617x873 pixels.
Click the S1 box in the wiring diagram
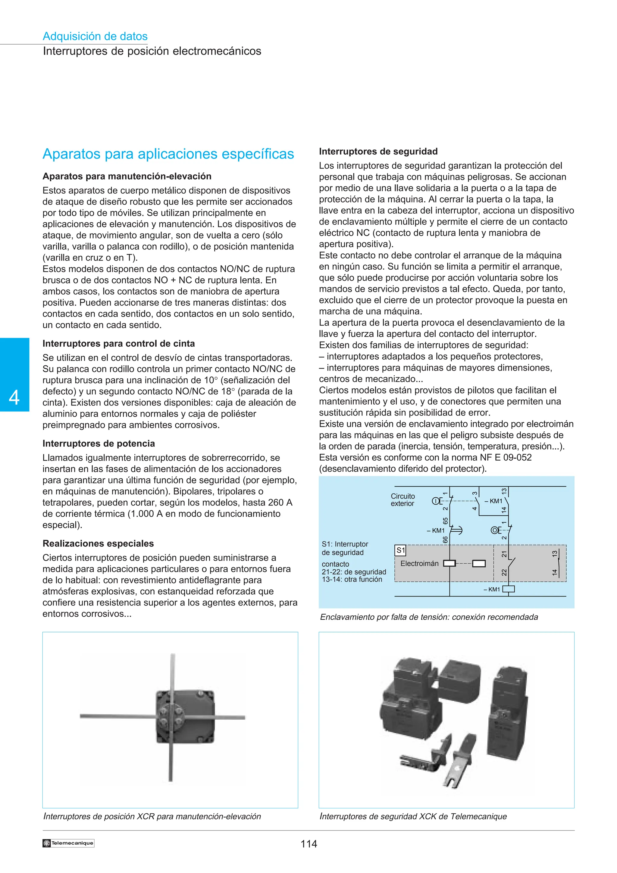(401, 550)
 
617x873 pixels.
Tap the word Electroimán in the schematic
(419, 564)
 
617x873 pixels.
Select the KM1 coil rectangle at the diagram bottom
(508, 589)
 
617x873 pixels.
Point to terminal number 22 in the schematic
(504, 572)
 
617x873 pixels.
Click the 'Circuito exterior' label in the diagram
(402, 500)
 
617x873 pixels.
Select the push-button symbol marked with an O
(495, 530)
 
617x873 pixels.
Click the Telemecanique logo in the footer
(68, 843)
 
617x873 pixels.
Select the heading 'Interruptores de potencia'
(99, 443)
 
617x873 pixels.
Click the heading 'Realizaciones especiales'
(98, 543)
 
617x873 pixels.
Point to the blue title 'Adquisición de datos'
(95, 36)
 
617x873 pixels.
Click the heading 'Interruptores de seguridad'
(378, 151)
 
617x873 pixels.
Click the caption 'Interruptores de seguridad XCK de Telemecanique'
(413, 816)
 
